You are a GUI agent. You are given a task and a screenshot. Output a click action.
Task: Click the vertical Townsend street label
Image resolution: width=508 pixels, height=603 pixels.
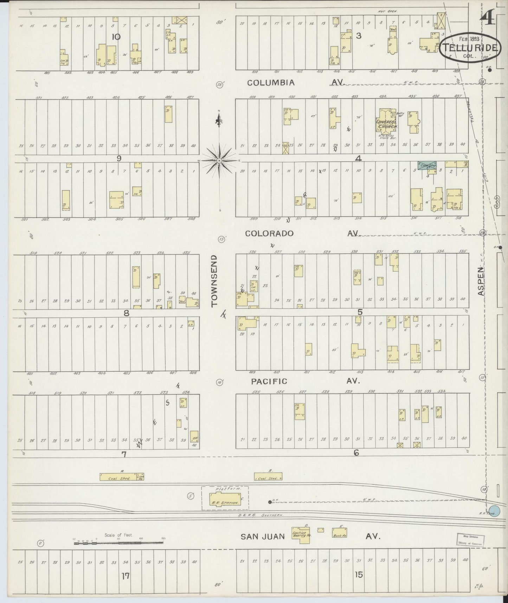point(215,281)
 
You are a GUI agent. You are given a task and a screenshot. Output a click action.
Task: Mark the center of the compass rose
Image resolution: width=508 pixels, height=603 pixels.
point(219,160)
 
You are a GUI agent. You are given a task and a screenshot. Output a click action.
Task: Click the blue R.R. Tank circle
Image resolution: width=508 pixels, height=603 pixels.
point(494,511)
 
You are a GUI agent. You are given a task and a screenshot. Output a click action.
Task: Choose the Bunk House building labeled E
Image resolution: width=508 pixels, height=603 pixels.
point(340,534)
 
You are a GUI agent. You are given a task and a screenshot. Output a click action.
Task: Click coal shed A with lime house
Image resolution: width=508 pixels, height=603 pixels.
point(122,477)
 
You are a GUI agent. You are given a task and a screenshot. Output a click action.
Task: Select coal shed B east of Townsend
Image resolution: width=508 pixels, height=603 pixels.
point(268,477)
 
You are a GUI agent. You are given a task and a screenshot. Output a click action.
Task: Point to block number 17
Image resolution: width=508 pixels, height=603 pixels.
point(125,576)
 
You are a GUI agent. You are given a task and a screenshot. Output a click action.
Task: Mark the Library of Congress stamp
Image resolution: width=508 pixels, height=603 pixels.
point(470,539)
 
